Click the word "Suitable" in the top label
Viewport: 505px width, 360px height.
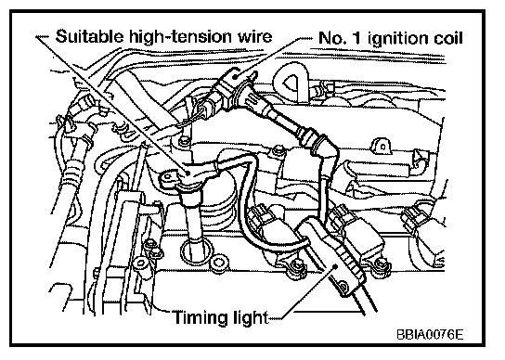[89, 36]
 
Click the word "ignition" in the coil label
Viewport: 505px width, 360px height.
[398, 39]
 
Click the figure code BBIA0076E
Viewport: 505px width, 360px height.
[430, 335]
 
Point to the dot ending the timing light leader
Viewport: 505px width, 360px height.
[335, 266]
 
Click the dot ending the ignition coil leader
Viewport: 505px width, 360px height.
[235, 77]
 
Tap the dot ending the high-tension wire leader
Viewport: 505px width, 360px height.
[188, 173]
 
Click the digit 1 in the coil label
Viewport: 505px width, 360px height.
[356, 38]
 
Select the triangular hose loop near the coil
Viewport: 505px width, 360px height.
[291, 84]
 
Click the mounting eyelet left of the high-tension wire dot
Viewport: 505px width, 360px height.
[167, 178]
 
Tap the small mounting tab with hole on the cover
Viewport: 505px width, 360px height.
[382, 147]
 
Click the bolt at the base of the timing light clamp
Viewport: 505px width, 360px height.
[343, 286]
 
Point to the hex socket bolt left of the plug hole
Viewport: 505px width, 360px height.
[141, 264]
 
